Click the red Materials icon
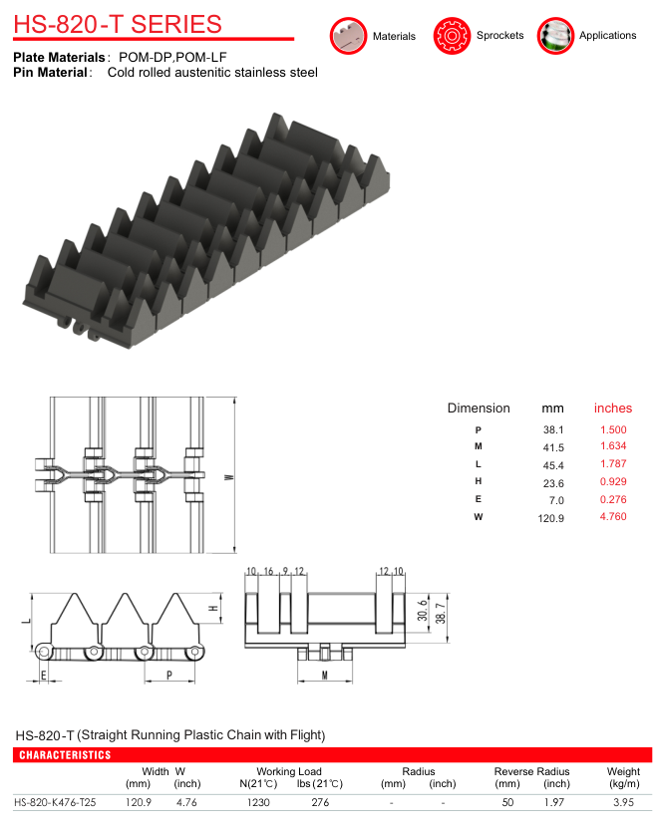pos(348,36)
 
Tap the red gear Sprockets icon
pos(452,36)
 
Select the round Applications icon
pos(555,36)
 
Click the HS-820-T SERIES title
pos(118,24)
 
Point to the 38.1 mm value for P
pos(553,429)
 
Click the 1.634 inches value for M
pos(613,445)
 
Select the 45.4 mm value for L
pos(553,465)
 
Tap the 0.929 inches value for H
pos(613,481)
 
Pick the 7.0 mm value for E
pos(556,500)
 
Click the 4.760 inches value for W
pos(613,516)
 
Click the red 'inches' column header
pos(613,409)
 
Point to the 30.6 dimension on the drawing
pos(423,611)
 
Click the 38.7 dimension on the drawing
pos(441,613)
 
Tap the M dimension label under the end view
pos(325,675)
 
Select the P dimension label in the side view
pos(169,675)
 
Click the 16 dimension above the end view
pos(268,571)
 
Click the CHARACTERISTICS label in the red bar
pos(65,755)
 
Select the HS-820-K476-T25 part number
pos(55,802)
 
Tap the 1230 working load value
pos(258,802)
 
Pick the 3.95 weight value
pos(624,802)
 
